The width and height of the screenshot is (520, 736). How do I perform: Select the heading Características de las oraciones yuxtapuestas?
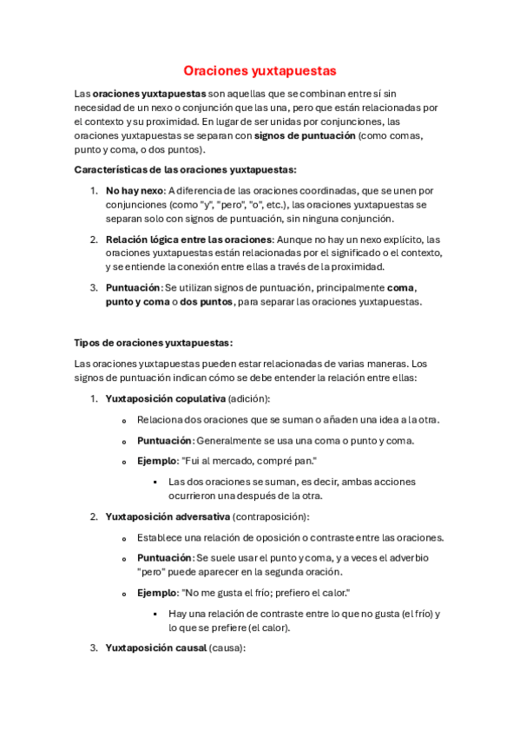click(x=186, y=169)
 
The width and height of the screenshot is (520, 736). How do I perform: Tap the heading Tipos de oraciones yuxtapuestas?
click(x=154, y=342)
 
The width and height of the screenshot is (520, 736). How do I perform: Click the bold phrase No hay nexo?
click(x=135, y=190)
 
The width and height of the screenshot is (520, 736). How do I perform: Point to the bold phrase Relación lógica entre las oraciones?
click(x=189, y=239)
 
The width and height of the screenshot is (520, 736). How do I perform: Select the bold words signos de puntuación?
click(x=305, y=135)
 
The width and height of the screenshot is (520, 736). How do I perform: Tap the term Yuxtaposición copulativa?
click(x=164, y=398)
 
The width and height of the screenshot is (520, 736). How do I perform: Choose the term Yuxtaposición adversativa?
click(x=168, y=516)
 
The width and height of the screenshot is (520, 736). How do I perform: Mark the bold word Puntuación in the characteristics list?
click(x=133, y=287)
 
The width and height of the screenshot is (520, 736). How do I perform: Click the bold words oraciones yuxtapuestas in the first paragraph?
click(x=149, y=93)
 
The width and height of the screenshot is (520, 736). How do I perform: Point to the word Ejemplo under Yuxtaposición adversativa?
click(x=155, y=593)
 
